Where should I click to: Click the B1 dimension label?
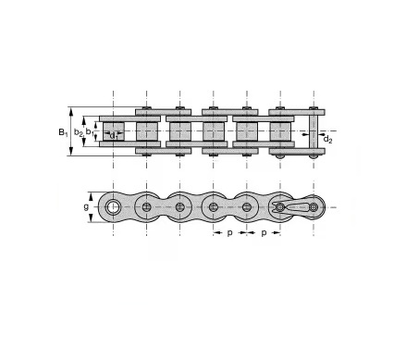click(62, 131)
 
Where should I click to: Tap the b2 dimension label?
click(80, 131)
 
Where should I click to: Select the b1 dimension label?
click(90, 131)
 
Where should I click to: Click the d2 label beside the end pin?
click(327, 140)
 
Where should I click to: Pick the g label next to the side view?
click(86, 207)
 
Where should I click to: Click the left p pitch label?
click(230, 234)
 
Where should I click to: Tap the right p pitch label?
click(264, 234)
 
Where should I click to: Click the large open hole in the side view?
click(113, 206)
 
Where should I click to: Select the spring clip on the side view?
click(294, 205)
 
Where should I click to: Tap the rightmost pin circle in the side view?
click(314, 206)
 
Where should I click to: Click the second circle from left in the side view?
click(146, 206)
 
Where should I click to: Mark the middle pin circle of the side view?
click(214, 206)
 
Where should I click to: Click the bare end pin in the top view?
click(314, 131)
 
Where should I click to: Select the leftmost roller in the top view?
click(113, 131)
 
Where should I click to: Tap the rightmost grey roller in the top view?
click(280, 131)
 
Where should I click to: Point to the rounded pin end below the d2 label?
click(314, 155)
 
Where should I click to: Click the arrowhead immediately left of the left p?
click(218, 234)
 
